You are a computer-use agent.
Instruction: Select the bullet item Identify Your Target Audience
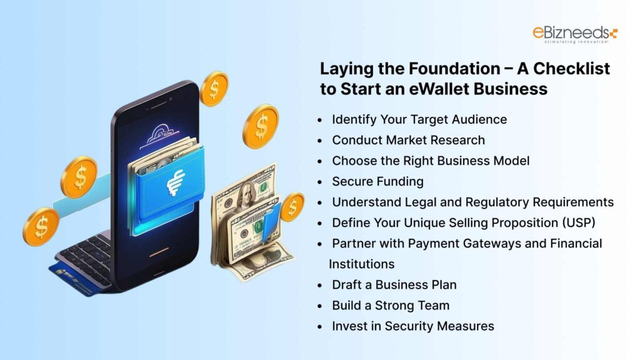pos(419,119)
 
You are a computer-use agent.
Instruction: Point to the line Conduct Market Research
pos(408,139)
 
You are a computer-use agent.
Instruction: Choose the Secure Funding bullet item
pos(377,181)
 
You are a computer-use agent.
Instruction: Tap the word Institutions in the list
pos(361,264)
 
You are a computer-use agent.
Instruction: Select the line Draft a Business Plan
pos(394,284)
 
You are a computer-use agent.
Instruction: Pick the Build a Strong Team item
pos(391,305)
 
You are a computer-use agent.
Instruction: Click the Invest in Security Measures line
pos(412,326)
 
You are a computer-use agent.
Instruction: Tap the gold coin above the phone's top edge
pos(214,88)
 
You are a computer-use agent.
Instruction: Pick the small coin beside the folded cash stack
pos(292,207)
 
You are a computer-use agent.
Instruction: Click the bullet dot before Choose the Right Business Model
pos(320,161)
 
